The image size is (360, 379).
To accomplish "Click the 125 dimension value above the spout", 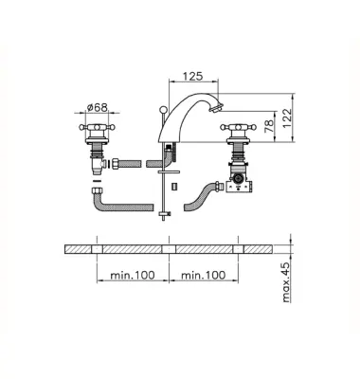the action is (x=192, y=76).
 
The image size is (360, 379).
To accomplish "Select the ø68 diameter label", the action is (x=98, y=107).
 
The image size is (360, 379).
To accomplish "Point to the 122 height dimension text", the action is (x=286, y=118).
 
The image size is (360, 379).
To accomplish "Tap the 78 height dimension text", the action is (x=269, y=126).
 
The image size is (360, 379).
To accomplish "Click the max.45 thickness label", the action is (x=285, y=282).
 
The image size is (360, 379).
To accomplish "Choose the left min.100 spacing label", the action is (x=133, y=275).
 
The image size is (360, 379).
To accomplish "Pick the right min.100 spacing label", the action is (x=204, y=275).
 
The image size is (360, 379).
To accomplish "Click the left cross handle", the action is (x=97, y=128).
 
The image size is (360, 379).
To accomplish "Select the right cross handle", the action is (x=238, y=128).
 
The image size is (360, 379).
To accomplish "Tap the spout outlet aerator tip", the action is (x=216, y=109).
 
